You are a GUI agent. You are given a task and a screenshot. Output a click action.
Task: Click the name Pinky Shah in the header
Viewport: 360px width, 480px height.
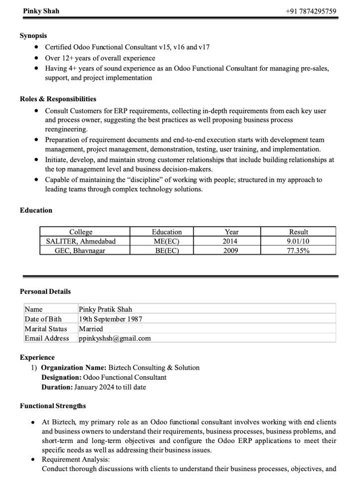[41, 11]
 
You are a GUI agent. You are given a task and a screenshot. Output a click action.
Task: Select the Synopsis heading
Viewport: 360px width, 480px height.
[33, 35]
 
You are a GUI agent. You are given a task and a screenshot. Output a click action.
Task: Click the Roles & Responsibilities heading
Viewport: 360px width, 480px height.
[58, 99]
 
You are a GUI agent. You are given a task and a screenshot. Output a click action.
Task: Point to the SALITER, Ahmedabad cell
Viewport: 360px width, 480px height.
[81, 241]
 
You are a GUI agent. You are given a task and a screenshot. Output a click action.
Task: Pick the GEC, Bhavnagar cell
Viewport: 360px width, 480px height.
[80, 250]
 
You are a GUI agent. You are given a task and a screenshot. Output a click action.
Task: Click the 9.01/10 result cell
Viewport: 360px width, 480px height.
[298, 241]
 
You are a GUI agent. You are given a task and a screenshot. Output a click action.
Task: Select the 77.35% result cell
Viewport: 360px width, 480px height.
[298, 250]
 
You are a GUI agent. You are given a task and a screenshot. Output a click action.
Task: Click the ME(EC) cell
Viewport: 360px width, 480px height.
[167, 241]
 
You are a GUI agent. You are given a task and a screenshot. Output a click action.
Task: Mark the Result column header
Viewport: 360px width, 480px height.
[298, 232]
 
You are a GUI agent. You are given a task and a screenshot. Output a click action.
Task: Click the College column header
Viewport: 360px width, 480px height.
[81, 232]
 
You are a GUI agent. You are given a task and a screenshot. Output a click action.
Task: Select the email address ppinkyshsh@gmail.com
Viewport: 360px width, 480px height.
[115, 338]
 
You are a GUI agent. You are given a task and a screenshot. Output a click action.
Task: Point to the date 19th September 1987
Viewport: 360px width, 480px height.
[111, 319]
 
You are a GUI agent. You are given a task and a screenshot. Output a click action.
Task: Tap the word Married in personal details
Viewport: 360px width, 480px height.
[91, 329]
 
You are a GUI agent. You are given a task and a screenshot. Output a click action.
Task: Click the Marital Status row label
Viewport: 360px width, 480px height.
[45, 329]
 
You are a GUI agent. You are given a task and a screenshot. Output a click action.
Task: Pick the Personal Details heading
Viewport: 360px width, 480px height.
[45, 291]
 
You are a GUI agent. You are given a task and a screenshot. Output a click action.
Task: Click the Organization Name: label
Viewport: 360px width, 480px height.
[70, 368]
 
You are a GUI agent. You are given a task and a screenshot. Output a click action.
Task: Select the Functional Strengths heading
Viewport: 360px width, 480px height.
[52, 406]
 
